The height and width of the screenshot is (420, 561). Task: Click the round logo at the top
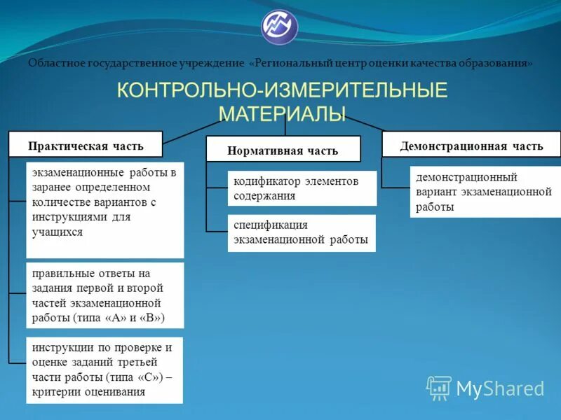coord(280,27)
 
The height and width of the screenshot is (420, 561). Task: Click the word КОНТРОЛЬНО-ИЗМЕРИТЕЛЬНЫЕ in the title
coord(281,91)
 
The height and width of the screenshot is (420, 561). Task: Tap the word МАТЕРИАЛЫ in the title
coord(282,113)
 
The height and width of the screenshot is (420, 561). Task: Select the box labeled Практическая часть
coord(86,146)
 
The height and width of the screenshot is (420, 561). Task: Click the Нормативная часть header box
coord(283,150)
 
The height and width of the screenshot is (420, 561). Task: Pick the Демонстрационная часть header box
coord(471,146)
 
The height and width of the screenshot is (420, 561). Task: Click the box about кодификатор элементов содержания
coord(302,188)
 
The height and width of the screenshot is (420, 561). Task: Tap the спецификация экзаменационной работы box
coord(302,233)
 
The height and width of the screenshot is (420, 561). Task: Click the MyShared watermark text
coord(500,388)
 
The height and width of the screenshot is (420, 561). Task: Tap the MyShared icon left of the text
coord(439,388)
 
